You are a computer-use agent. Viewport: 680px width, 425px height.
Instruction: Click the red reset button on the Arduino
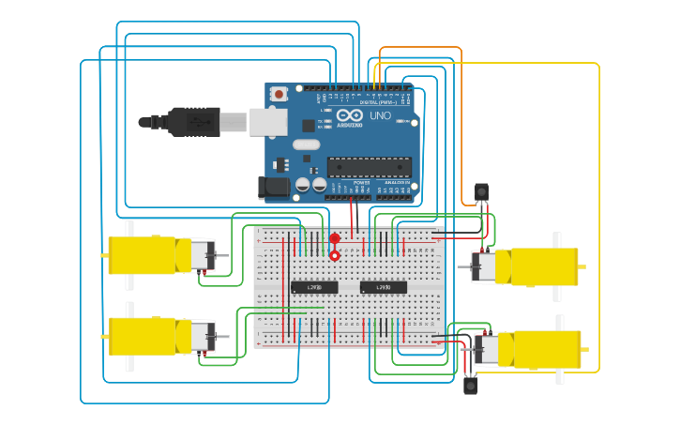[x=279, y=94]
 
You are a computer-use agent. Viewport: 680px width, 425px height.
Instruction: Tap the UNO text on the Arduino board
[x=380, y=116]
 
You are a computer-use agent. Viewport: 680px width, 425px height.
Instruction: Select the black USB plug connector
[x=192, y=121]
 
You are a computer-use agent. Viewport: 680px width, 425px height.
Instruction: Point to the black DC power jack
[x=274, y=188]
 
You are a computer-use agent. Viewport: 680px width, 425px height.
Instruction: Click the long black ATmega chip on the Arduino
[x=369, y=167]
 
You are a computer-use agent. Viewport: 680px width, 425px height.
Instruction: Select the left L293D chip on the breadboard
[x=314, y=286]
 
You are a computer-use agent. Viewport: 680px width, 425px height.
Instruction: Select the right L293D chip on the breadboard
[x=384, y=286]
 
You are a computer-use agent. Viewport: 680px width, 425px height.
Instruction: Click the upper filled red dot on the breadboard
[x=335, y=238]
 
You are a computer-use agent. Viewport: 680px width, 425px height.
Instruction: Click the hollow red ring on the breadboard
[x=335, y=255]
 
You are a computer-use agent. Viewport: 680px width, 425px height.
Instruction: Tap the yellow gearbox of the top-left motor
[x=142, y=255]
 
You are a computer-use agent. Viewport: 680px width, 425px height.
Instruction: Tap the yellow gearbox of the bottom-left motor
[x=143, y=336]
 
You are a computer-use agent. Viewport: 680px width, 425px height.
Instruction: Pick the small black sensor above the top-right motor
[x=481, y=191]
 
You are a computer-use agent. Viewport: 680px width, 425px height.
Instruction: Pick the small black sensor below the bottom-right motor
[x=471, y=385]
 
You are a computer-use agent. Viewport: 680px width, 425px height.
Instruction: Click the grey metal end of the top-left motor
[x=203, y=255]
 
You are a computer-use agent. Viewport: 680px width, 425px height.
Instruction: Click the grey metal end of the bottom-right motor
[x=486, y=349]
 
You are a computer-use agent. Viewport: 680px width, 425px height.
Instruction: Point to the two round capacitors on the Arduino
[x=311, y=185]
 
